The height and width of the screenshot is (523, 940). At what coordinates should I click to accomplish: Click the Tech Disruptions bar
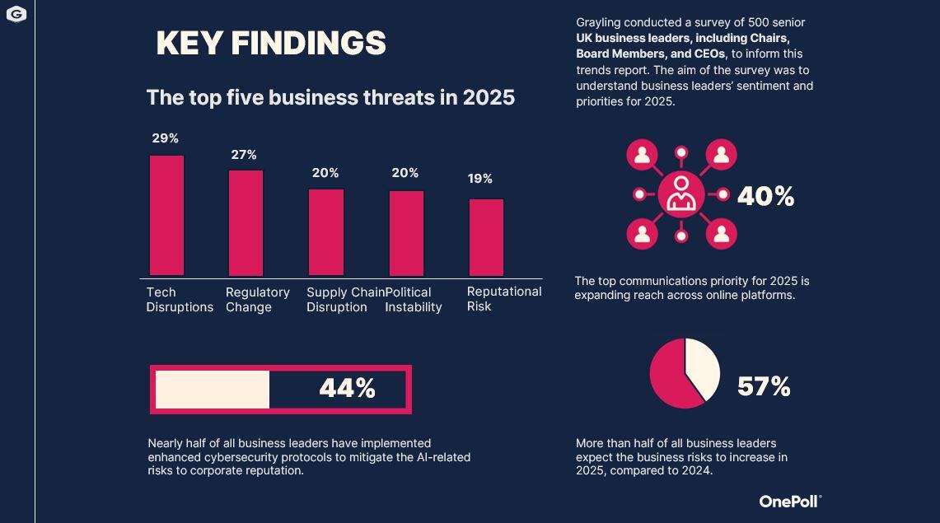[x=166, y=215]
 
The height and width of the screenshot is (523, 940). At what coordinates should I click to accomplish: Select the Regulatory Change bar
[x=246, y=222]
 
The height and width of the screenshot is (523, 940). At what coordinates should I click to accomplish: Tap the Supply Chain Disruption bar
[x=326, y=232]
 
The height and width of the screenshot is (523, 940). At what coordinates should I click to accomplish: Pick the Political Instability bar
[x=406, y=233]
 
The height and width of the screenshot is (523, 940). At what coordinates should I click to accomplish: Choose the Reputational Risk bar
[x=486, y=237]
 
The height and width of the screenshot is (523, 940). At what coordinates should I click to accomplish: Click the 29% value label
[x=166, y=138]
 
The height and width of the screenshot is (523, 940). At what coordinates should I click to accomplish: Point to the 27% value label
[x=244, y=155]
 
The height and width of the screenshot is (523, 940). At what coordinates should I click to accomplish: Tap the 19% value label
[x=480, y=179]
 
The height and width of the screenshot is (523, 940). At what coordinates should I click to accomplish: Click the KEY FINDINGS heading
[x=271, y=44]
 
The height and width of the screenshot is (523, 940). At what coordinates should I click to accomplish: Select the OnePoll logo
[x=790, y=501]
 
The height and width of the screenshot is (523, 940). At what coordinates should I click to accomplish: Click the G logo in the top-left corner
[x=16, y=14]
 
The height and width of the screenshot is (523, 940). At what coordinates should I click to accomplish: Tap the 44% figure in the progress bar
[x=347, y=389]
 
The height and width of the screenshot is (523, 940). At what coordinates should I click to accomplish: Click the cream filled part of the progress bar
[x=213, y=390]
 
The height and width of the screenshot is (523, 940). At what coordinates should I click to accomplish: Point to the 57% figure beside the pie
[x=764, y=386]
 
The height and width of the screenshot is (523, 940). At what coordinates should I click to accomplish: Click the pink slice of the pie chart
[x=671, y=379]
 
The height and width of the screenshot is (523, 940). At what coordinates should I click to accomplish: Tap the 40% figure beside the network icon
[x=765, y=196]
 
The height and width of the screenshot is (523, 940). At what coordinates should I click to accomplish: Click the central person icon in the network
[x=681, y=194]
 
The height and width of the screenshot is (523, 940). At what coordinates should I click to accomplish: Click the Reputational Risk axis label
[x=503, y=299]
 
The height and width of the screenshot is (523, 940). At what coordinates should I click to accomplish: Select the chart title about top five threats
[x=330, y=97]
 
